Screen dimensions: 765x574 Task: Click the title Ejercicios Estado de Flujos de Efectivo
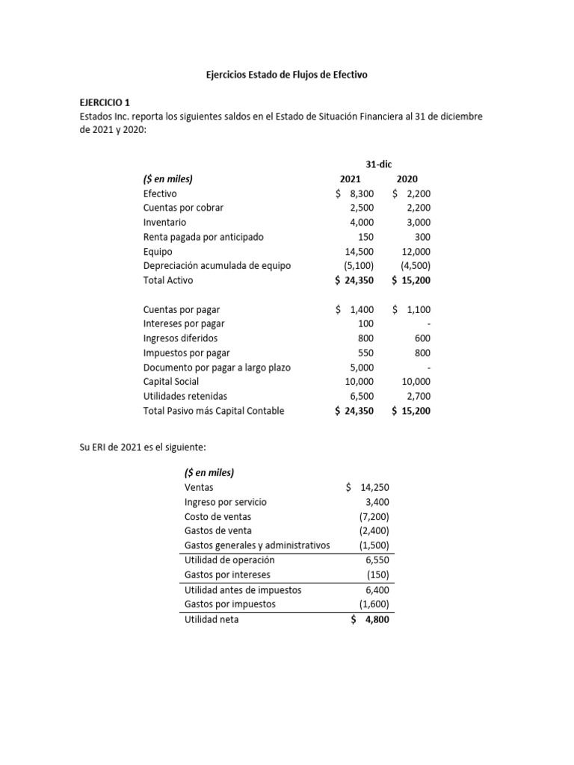pyautogui.click(x=287, y=75)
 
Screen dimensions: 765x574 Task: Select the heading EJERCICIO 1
pyautogui.click(x=109, y=103)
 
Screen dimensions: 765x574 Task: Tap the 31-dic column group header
pyautogui.click(x=380, y=165)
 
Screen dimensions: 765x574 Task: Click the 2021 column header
pyautogui.click(x=350, y=179)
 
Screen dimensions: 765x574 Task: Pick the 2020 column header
pyautogui.click(x=407, y=179)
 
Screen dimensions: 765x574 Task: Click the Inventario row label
pyautogui.click(x=164, y=223)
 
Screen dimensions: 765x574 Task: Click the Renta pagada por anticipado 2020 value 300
pyautogui.click(x=421, y=237)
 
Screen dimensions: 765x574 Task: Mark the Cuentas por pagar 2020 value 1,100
pyautogui.click(x=418, y=309)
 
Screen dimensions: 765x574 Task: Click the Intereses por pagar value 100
pyautogui.click(x=365, y=323)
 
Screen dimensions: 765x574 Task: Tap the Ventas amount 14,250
pyautogui.click(x=374, y=488)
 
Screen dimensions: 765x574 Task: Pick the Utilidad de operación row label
pyautogui.click(x=229, y=560)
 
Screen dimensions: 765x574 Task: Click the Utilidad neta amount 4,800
pyautogui.click(x=375, y=620)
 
